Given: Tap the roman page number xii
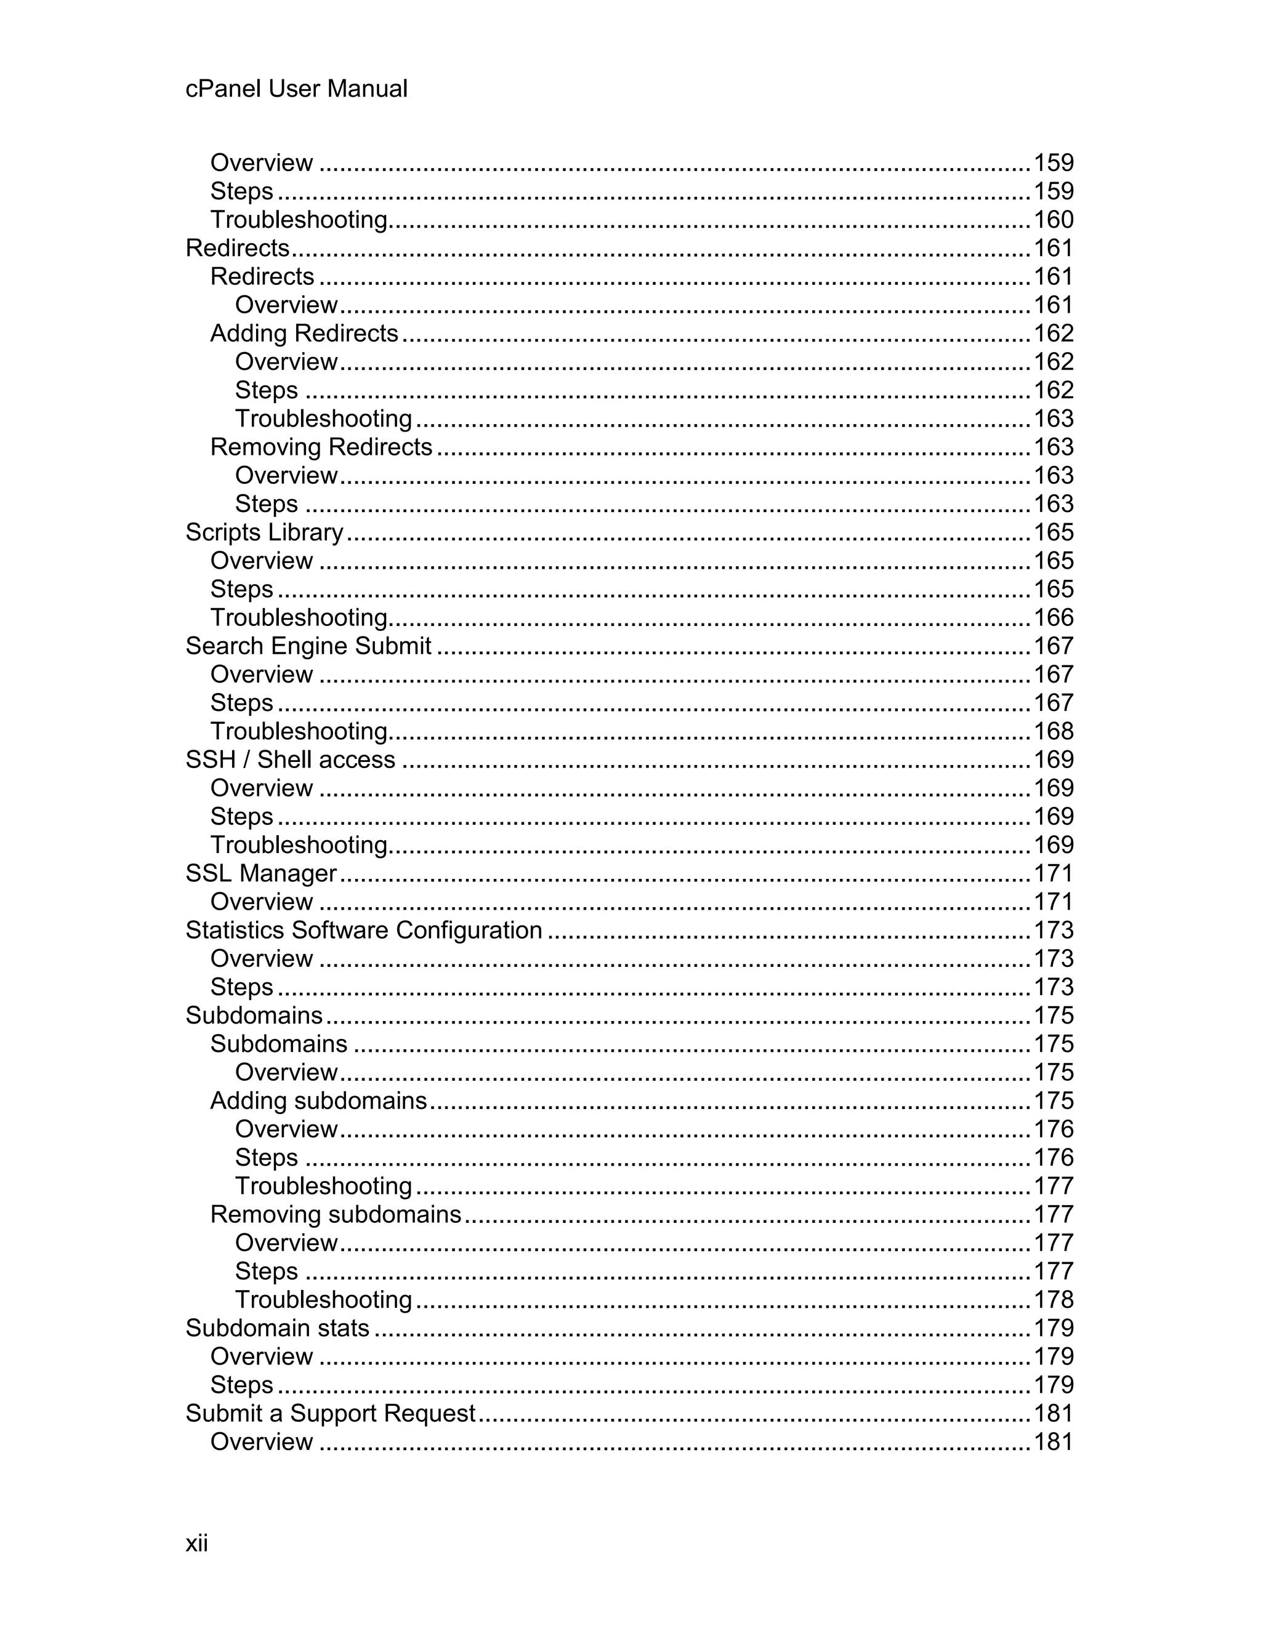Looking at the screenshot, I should click(196, 1543).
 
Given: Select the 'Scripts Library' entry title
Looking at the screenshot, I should click(264, 532).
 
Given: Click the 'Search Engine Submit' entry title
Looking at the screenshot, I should click(308, 646).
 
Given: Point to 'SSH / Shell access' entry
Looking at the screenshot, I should click(290, 759).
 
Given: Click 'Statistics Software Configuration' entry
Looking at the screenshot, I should click(364, 930).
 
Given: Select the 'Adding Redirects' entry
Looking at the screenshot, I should click(304, 333).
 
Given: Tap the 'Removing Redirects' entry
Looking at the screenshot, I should click(321, 447).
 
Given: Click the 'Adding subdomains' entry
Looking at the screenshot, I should click(318, 1101).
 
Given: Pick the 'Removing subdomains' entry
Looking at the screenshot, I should click(336, 1214).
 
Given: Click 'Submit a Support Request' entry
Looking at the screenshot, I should click(330, 1413).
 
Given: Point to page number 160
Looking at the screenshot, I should click(1054, 220).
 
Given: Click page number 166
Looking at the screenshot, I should click(1054, 617).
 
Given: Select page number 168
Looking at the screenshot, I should click(1054, 731).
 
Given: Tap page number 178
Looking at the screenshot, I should click(1054, 1299).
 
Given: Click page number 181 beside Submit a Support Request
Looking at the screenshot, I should click(1054, 1413).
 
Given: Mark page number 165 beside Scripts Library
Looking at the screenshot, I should click(1054, 532).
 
